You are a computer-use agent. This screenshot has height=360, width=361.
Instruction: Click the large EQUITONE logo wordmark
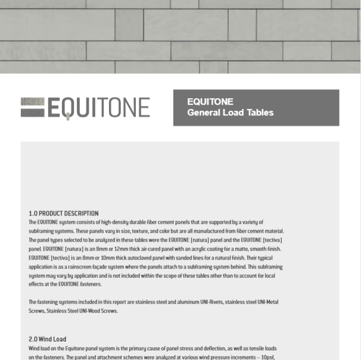98,108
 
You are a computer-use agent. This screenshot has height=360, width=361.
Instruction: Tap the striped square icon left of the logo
33,107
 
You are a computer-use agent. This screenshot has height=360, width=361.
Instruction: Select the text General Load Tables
230,112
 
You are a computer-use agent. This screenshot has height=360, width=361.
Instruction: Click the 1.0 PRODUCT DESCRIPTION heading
64,213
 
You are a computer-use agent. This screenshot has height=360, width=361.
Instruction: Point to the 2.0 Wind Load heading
47,339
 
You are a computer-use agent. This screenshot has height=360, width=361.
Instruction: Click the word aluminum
185,302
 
